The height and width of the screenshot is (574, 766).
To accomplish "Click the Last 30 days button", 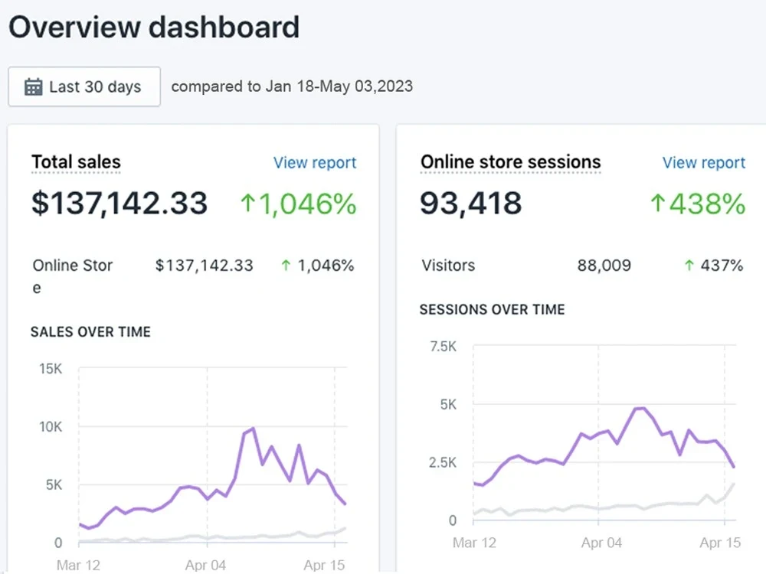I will coord(84,86).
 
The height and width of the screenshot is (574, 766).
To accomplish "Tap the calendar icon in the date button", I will coord(33,86).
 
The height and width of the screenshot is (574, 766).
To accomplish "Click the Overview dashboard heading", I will coord(153,28).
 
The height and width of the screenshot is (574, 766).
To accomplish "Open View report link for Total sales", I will coord(315,163).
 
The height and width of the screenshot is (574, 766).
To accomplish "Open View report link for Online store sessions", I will coord(703,163).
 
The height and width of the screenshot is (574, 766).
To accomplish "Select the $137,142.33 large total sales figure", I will coord(119,203).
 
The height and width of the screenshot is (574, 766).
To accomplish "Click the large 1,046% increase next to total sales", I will coord(299,204).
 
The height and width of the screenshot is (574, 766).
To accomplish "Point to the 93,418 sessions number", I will coord(471,204).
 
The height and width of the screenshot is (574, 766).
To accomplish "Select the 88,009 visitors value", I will coord(604,266).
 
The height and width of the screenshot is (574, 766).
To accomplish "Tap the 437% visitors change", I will coord(713,266).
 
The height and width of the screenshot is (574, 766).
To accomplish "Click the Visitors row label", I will coord(448,266).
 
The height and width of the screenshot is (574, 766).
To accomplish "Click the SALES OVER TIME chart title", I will coord(90,332).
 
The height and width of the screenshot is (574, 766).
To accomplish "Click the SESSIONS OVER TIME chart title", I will coord(492,310).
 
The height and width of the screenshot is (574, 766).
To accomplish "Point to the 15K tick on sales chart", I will coord(51,369).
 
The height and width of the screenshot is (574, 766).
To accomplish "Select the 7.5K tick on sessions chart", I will coord(443,346).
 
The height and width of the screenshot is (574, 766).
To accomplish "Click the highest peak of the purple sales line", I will coord(254,429).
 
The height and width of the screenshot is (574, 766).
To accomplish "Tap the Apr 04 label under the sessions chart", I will coord(601,543).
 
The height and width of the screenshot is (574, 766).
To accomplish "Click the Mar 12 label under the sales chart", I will coord(79,566).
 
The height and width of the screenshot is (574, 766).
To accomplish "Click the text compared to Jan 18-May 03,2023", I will coord(292,86).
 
